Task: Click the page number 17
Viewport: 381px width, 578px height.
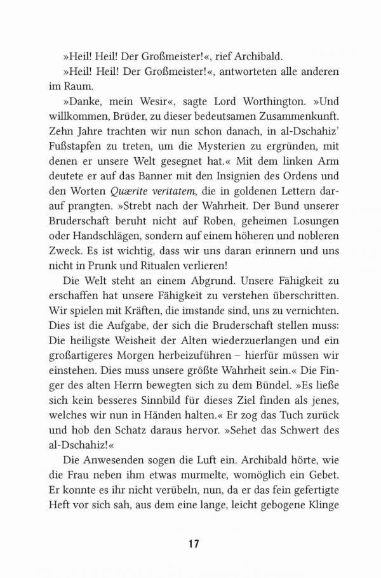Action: pyautogui.click(x=195, y=543)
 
